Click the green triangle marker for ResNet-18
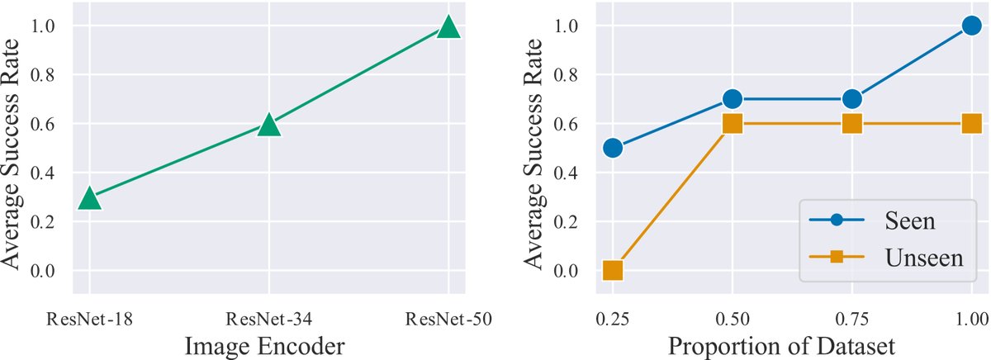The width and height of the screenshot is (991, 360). tap(89, 198)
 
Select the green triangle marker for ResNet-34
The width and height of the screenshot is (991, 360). tap(269, 126)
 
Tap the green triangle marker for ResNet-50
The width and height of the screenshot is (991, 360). tap(448, 27)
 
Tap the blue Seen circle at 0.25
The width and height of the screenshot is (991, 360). tap(613, 148)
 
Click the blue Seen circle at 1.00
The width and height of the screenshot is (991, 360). tap(971, 26)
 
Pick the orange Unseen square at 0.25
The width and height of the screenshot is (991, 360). tap(613, 270)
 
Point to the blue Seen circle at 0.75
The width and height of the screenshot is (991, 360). tap(851, 99)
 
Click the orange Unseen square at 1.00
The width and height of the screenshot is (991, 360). tap(971, 124)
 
